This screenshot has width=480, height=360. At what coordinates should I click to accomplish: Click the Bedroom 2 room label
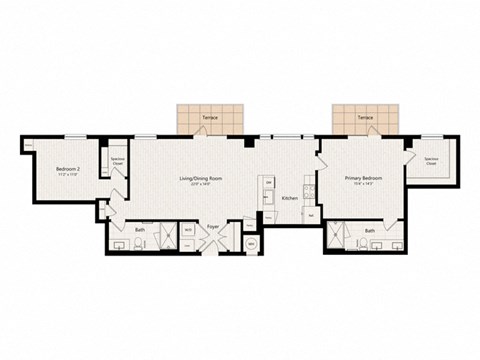pyautogui.click(x=67, y=169)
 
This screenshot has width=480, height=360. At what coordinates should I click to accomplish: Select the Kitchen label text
pyautogui.click(x=290, y=199)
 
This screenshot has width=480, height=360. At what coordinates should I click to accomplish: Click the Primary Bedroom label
pyautogui.click(x=362, y=180)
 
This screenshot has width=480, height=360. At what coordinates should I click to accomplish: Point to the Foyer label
pyautogui.click(x=213, y=227)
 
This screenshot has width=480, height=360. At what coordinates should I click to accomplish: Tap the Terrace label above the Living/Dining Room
pyautogui.click(x=209, y=118)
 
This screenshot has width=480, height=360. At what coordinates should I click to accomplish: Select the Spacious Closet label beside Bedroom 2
pyautogui.click(x=117, y=160)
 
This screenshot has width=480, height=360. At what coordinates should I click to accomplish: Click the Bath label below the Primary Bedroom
pyautogui.click(x=370, y=231)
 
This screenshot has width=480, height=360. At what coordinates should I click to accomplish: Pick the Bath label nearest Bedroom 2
pyautogui.click(x=141, y=230)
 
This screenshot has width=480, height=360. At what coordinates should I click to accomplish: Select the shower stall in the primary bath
pyautogui.click(x=339, y=238)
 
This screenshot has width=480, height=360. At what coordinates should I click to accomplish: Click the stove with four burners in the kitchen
pyautogui.click(x=267, y=184)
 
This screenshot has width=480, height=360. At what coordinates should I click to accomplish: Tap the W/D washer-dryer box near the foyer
pyautogui.click(x=189, y=230)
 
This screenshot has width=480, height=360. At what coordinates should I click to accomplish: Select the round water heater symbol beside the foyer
pyautogui.click(x=251, y=243)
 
